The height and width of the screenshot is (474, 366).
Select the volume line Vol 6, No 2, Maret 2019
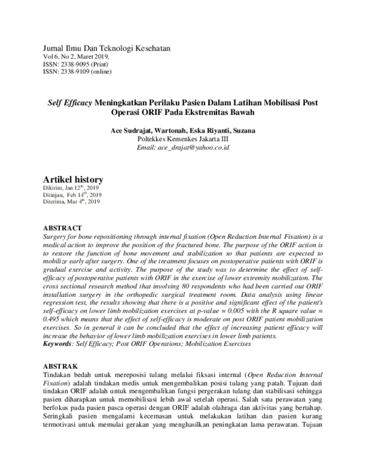[76, 56]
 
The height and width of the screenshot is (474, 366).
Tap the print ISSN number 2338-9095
[79, 64]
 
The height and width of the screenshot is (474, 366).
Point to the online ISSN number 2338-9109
[79, 71]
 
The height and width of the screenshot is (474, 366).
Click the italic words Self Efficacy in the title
[70, 102]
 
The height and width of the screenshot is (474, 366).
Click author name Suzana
[242, 130]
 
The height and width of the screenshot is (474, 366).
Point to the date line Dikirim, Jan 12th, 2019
[71, 188]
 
